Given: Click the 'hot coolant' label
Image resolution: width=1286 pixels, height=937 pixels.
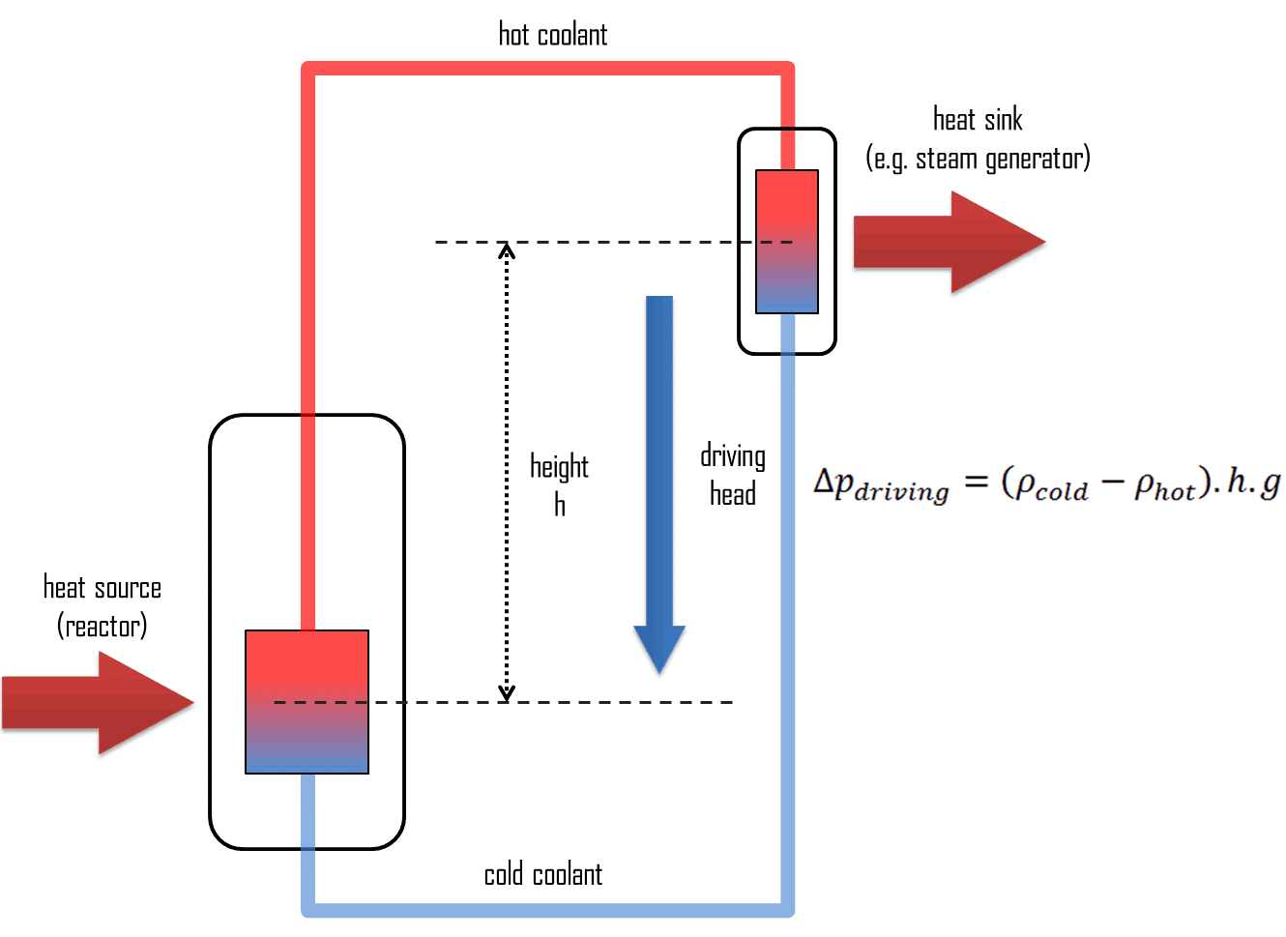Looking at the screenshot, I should pyautogui.click(x=552, y=35).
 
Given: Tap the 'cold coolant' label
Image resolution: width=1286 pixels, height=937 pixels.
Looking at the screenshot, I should pyautogui.click(x=542, y=875).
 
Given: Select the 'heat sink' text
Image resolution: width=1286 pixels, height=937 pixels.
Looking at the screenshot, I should pyautogui.click(x=978, y=120).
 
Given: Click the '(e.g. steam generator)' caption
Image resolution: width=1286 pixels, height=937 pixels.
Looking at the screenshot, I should pyautogui.click(x=978, y=159).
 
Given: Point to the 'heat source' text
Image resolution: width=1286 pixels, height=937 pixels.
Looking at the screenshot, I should pyautogui.click(x=102, y=588).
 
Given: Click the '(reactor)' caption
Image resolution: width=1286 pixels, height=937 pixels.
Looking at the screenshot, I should pyautogui.click(x=102, y=627).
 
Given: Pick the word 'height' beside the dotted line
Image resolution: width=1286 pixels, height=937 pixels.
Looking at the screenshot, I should pyautogui.click(x=559, y=467).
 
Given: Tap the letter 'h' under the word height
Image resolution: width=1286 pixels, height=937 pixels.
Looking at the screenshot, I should pyautogui.click(x=560, y=504).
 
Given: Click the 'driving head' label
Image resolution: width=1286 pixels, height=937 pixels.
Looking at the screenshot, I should pyautogui.click(x=733, y=475).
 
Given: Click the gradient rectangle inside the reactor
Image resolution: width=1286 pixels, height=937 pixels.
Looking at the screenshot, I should pyautogui.click(x=307, y=702).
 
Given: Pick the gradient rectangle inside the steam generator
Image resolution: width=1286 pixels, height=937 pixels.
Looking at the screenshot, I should pyautogui.click(x=787, y=242).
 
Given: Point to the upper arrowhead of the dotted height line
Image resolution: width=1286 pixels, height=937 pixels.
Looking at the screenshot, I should pyautogui.click(x=506, y=250).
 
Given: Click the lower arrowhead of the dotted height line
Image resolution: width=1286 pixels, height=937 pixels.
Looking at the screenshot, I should pyautogui.click(x=506, y=693).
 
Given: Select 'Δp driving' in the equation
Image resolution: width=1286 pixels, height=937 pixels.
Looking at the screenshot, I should pyautogui.click(x=880, y=484).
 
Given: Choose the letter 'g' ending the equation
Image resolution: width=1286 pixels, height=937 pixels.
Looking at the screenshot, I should pyautogui.click(x=1271, y=483).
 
